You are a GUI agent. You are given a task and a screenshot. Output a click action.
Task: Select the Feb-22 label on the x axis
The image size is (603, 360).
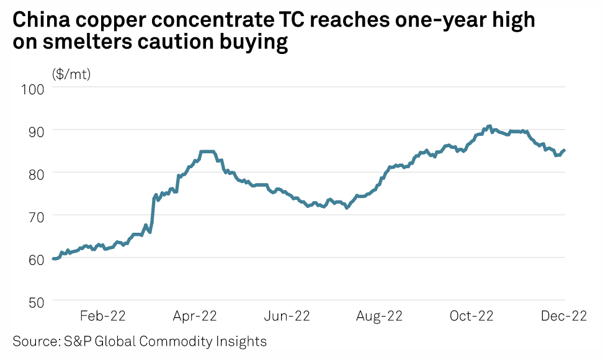click(103, 317)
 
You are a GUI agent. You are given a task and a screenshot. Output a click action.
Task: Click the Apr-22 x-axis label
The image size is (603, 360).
click(194, 317)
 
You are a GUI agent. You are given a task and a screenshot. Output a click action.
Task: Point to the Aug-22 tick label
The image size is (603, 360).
click(379, 317)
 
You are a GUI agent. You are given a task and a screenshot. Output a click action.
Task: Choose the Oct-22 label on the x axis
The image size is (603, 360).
click(471, 317)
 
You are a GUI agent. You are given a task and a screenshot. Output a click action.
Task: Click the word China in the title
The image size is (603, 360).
click(41, 21)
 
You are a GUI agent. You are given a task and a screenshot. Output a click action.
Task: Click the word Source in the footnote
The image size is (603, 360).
click(32, 341)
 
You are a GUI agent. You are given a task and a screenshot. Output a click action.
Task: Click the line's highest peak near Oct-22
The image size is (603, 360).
click(489, 126)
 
